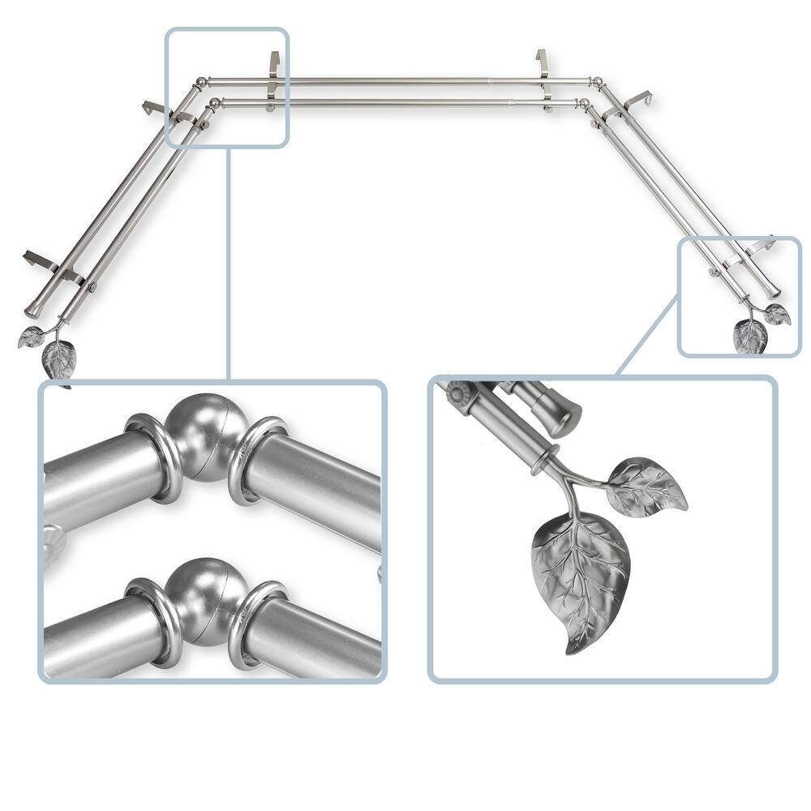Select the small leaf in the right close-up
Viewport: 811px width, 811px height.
pyautogui.click(x=646, y=487)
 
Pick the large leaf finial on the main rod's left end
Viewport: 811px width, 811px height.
pyautogui.click(x=58, y=358)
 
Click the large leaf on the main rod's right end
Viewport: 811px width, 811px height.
pyautogui.click(x=750, y=335)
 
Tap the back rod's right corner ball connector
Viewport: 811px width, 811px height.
pyautogui.click(x=596, y=82)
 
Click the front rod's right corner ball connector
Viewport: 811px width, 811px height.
pyautogui.click(x=584, y=103)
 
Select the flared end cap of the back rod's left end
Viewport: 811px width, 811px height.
pyautogui.click(x=32, y=311)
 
